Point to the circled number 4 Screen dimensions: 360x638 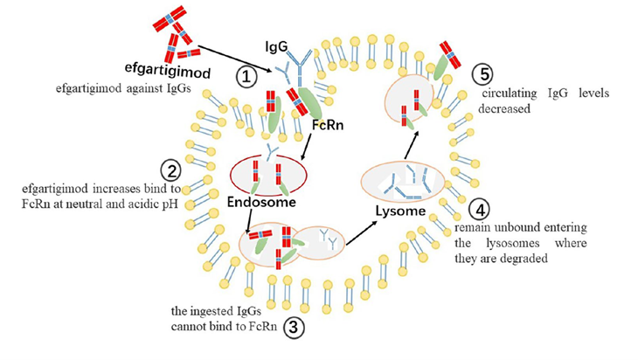(x=479, y=210)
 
